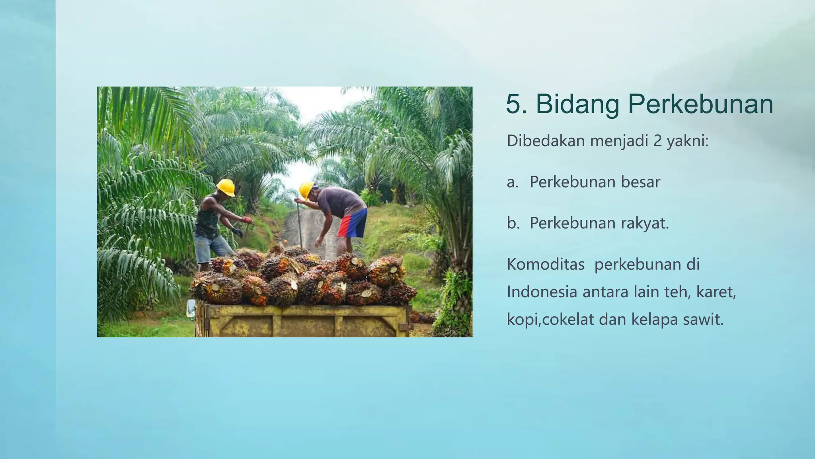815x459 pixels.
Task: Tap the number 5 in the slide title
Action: pos(513,104)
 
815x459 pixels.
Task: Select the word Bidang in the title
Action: pos(577,104)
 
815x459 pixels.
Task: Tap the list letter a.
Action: pos(512,182)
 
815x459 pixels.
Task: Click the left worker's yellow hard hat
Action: pos(226,187)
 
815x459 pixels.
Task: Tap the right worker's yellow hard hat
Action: pos(306,190)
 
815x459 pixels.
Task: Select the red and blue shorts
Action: pos(352,224)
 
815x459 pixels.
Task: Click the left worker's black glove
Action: pos(238,232)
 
